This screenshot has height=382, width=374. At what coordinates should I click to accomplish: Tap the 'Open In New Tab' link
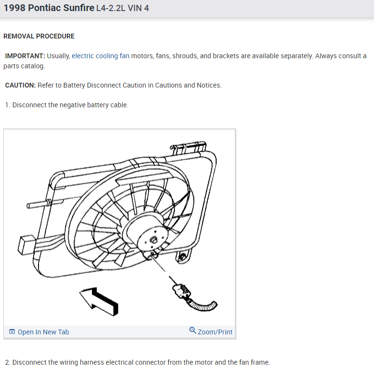pos(43,332)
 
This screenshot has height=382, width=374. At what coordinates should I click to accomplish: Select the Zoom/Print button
pos(215,332)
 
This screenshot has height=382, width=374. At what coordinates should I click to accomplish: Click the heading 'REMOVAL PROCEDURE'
pos(39,36)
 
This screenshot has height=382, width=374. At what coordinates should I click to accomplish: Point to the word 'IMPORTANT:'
pos(25,56)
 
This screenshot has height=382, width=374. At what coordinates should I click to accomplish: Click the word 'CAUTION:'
pos(20,85)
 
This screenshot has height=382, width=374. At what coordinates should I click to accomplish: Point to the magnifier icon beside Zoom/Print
pos(193,331)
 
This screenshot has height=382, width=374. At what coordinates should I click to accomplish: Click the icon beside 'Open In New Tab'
pos(12,332)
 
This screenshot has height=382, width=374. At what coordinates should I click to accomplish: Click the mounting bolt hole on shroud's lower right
pos(182,258)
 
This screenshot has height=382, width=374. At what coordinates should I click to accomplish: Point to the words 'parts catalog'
pos(24,66)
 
